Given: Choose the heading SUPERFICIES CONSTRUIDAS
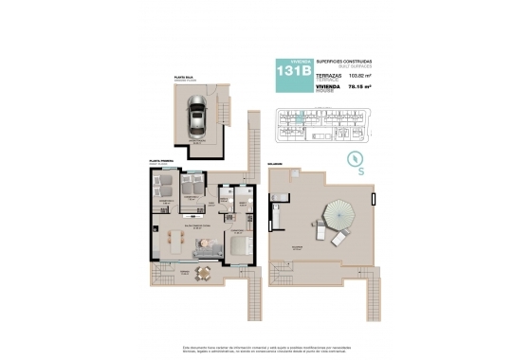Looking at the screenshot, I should coord(345,59).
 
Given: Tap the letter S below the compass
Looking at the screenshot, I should coord(362,171).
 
